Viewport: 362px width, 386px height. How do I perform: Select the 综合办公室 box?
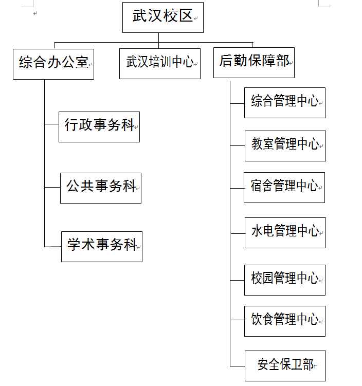click(53, 64)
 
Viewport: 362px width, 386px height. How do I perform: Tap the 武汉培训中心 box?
click(159, 63)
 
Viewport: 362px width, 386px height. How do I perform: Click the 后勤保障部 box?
click(254, 63)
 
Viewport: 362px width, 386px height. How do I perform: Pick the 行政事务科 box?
click(99, 126)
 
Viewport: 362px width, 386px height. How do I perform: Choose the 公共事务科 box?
click(100, 188)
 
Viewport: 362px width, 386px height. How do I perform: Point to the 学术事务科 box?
click(101, 247)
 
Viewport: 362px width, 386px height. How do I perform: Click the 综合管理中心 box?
click(284, 102)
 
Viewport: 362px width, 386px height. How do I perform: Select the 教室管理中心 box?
click(284, 145)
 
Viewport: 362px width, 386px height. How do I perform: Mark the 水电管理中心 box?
click(284, 233)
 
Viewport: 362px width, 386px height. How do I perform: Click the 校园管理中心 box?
click(284, 280)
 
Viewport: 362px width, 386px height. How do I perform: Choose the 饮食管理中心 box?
click(284, 321)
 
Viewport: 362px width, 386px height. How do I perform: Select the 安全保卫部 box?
click(284, 366)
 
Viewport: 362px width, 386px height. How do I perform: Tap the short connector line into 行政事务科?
click(51, 124)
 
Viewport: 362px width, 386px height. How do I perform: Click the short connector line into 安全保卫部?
click(237, 366)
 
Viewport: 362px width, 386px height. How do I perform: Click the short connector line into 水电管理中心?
click(237, 233)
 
